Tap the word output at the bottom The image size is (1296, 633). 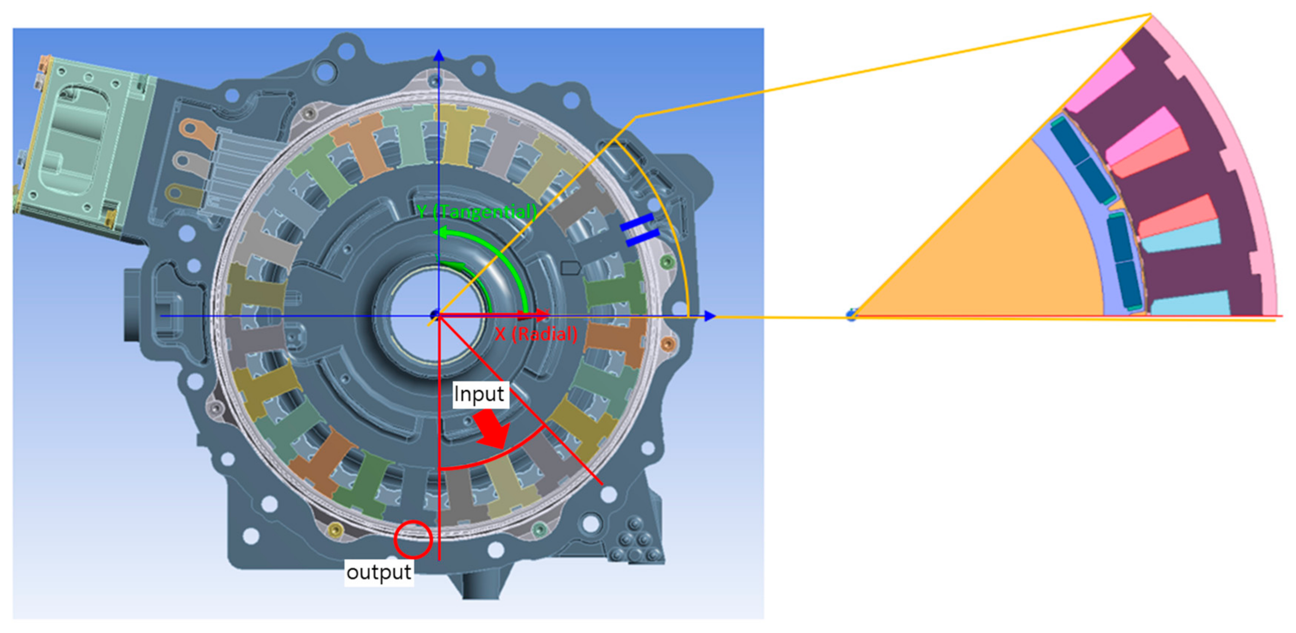379,572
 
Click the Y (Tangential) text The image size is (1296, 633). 477,212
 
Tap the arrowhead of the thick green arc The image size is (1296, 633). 441,233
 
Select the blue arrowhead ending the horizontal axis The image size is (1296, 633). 710,316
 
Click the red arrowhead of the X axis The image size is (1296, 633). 542,316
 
